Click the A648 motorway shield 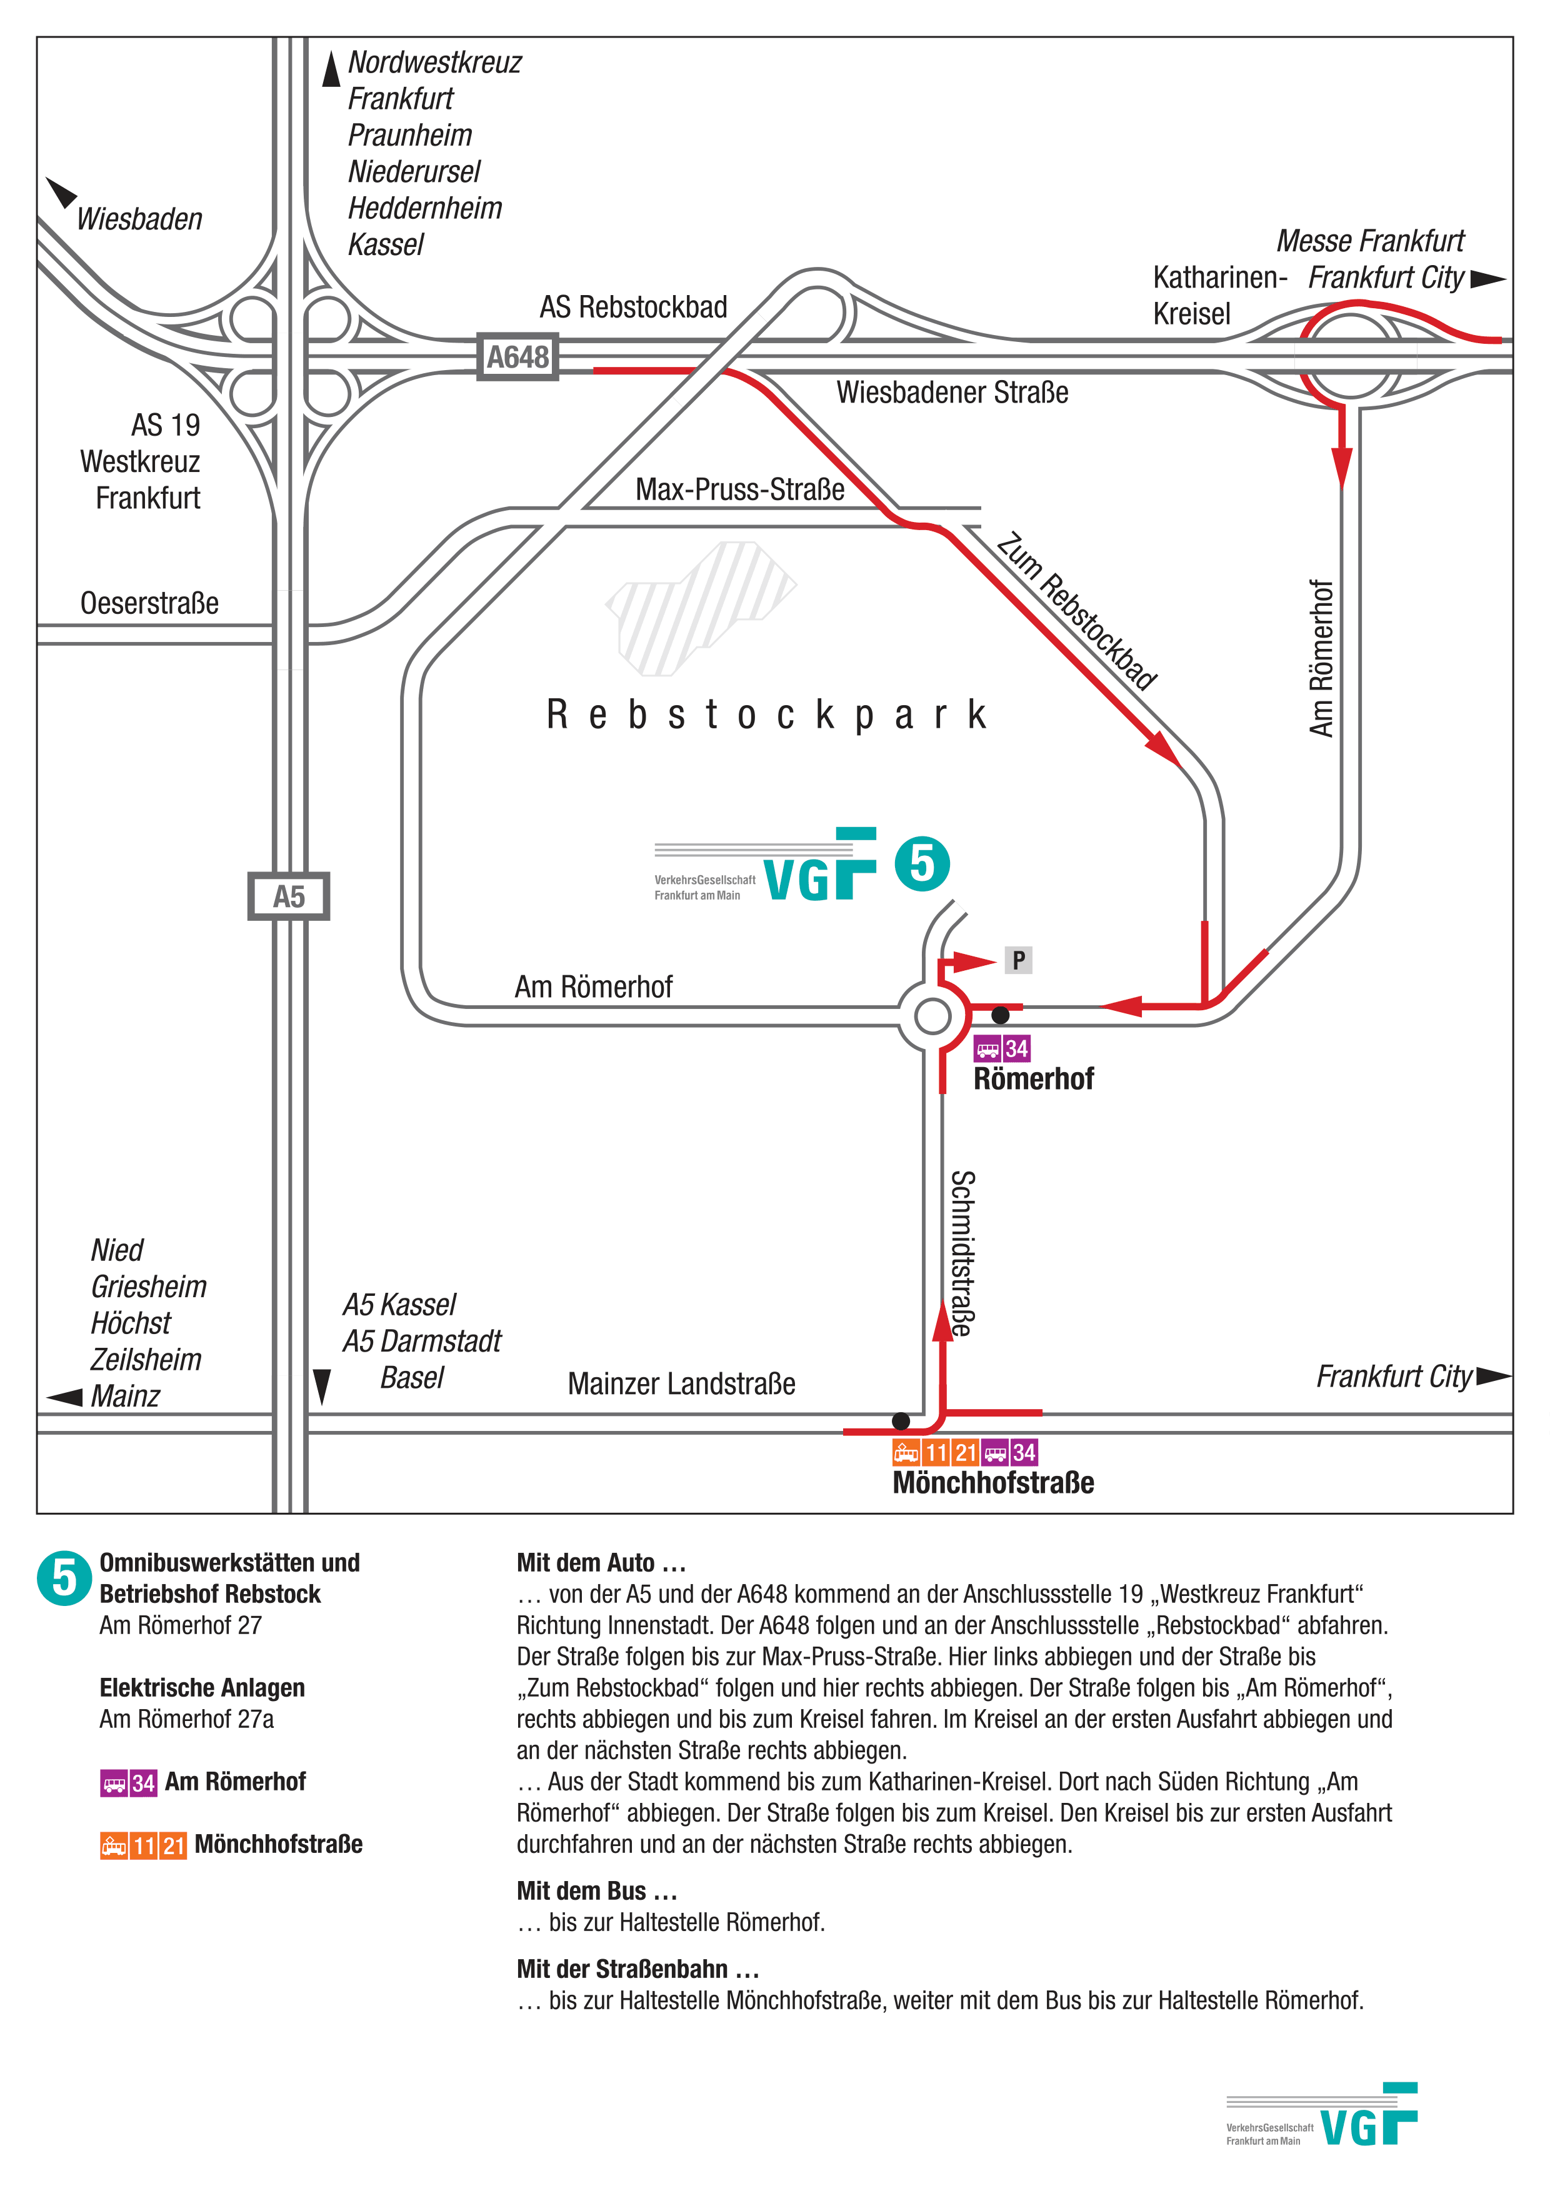(517, 357)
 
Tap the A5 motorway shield (288, 896)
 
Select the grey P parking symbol (1018, 960)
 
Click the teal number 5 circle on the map (922, 863)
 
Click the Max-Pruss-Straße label (740, 489)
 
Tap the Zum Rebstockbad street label (1076, 611)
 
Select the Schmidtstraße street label (962, 1253)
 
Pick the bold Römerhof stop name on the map (1033, 1078)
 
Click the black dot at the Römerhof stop (1000, 1015)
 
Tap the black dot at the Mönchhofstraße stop (899, 1421)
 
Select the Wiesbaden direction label (139, 219)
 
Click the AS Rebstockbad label (633, 306)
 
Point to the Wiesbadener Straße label (952, 391)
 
